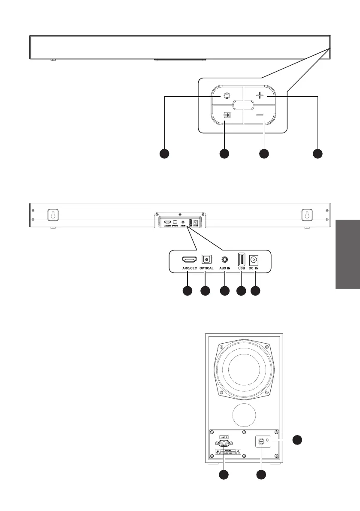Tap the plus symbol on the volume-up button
(260, 96)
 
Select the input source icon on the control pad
(227, 115)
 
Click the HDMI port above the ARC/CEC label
(189, 259)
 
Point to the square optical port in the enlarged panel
(206, 259)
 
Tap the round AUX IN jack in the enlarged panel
(224, 259)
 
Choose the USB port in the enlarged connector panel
(241, 259)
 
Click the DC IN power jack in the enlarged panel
(256, 259)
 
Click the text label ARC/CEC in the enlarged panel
(189, 269)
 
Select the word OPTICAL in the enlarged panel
(206, 269)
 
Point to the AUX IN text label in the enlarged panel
(224, 269)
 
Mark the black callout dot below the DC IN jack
(256, 291)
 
